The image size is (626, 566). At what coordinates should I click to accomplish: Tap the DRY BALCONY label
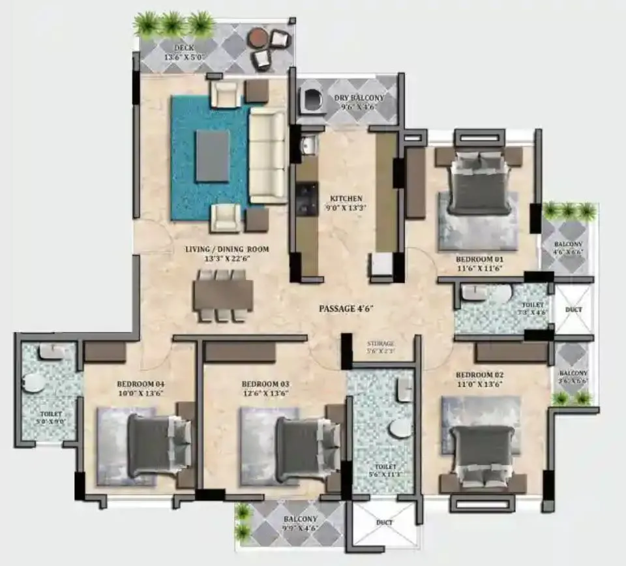(359, 98)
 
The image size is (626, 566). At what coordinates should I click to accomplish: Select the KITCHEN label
(346, 198)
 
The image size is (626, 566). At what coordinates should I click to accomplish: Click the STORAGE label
(381, 344)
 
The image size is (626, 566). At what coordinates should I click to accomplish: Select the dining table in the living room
(223, 295)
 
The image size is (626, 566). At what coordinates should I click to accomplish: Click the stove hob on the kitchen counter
(305, 199)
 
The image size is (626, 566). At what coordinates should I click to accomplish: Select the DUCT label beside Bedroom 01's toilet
(574, 310)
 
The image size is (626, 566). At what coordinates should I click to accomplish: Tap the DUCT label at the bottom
(383, 523)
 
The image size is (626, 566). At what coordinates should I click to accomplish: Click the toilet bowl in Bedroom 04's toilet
(33, 383)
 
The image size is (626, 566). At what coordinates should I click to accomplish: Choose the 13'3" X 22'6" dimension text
(226, 259)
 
